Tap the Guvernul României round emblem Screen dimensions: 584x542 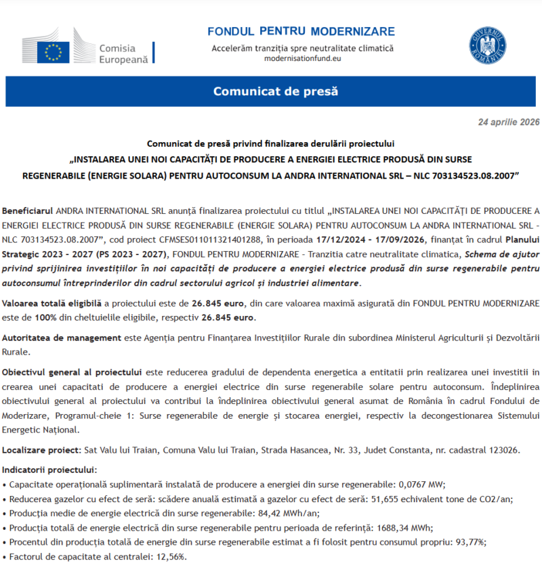pyautogui.click(x=488, y=46)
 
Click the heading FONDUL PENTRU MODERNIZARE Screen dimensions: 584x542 pyautogui.click(x=301, y=32)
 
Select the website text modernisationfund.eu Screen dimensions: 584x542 pyautogui.click(x=302, y=59)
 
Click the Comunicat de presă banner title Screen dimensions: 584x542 pyautogui.click(x=275, y=91)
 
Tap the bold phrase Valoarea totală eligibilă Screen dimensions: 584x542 pyautogui.click(x=52, y=304)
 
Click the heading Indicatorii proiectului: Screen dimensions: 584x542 pyautogui.click(x=49, y=470)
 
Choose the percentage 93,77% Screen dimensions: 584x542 pyautogui.click(x=470, y=542)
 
